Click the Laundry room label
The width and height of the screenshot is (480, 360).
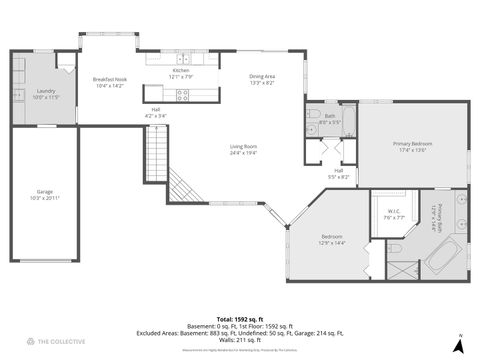click(47, 94)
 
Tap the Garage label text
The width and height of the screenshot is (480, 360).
click(46, 195)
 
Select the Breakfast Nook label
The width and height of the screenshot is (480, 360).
click(109, 82)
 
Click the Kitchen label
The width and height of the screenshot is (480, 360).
click(180, 73)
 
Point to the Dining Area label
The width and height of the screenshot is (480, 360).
click(263, 80)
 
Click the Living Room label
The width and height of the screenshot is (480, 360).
click(243, 150)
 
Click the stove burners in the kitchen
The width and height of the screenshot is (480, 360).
click(183, 95)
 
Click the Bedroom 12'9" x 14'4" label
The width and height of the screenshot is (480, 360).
click(332, 240)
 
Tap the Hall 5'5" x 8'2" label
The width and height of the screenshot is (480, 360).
click(339, 173)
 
